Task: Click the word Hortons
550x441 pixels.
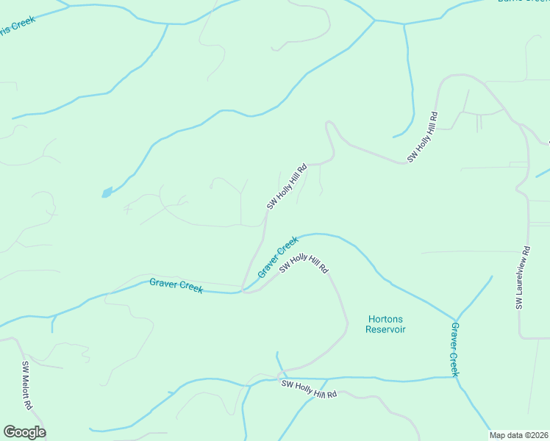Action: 385,319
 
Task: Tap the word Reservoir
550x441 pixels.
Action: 385,329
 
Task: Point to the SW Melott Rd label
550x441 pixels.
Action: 26,385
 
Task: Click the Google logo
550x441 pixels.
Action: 24,432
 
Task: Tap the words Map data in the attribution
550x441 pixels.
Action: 507,435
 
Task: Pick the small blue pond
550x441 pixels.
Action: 107,193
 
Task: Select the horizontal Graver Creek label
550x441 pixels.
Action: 176,285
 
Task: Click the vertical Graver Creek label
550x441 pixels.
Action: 454,349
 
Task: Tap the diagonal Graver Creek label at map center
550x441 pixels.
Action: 278,257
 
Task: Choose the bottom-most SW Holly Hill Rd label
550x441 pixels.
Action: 309,389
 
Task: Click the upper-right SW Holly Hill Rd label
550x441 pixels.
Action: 423,137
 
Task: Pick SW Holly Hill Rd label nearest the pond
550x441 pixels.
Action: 286,187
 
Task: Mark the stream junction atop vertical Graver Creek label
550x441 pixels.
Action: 454,320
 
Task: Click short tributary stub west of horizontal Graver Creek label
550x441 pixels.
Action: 52,324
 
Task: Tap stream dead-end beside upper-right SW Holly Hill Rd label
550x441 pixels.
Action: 394,137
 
